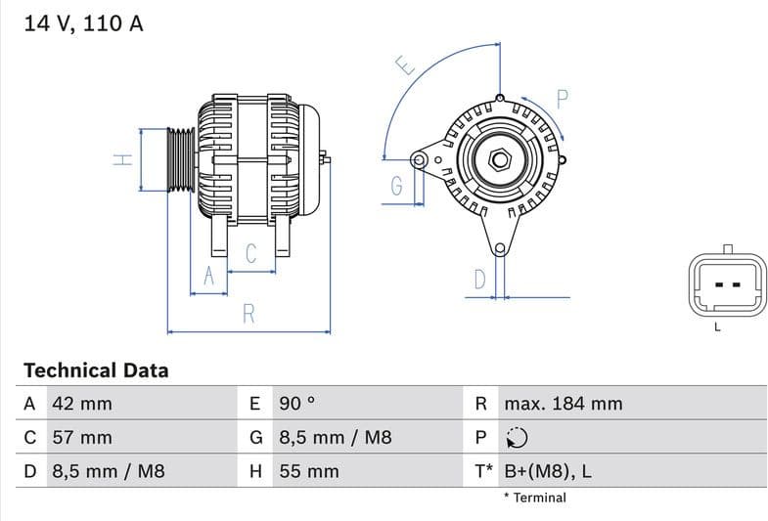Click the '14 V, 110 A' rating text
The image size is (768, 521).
pyautogui.click(x=82, y=23)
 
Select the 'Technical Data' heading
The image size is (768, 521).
pyautogui.click(x=96, y=370)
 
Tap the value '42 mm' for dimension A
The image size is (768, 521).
pyautogui.click(x=81, y=404)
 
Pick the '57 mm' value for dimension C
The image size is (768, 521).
pyautogui.click(x=81, y=437)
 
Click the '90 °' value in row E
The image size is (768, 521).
pyautogui.click(x=297, y=404)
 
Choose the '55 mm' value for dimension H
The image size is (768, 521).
pyautogui.click(x=309, y=471)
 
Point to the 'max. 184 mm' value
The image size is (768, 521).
pyautogui.click(x=563, y=404)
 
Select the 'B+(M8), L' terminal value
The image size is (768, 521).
pyautogui.click(x=547, y=471)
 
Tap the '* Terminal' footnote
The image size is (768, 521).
pyautogui.click(x=534, y=498)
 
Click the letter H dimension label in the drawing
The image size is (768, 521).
pyautogui.click(x=122, y=159)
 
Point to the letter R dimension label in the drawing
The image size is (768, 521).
pyautogui.click(x=248, y=314)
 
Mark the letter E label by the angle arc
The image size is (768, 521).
pyautogui.click(x=404, y=66)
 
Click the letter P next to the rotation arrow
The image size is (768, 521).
pyautogui.click(x=563, y=98)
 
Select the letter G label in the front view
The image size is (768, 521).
pyautogui.click(x=396, y=186)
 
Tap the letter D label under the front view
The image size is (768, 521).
pyautogui.click(x=479, y=280)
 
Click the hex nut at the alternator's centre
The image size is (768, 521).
pyautogui.click(x=500, y=158)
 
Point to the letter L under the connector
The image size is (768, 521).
pyautogui.click(x=717, y=327)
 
